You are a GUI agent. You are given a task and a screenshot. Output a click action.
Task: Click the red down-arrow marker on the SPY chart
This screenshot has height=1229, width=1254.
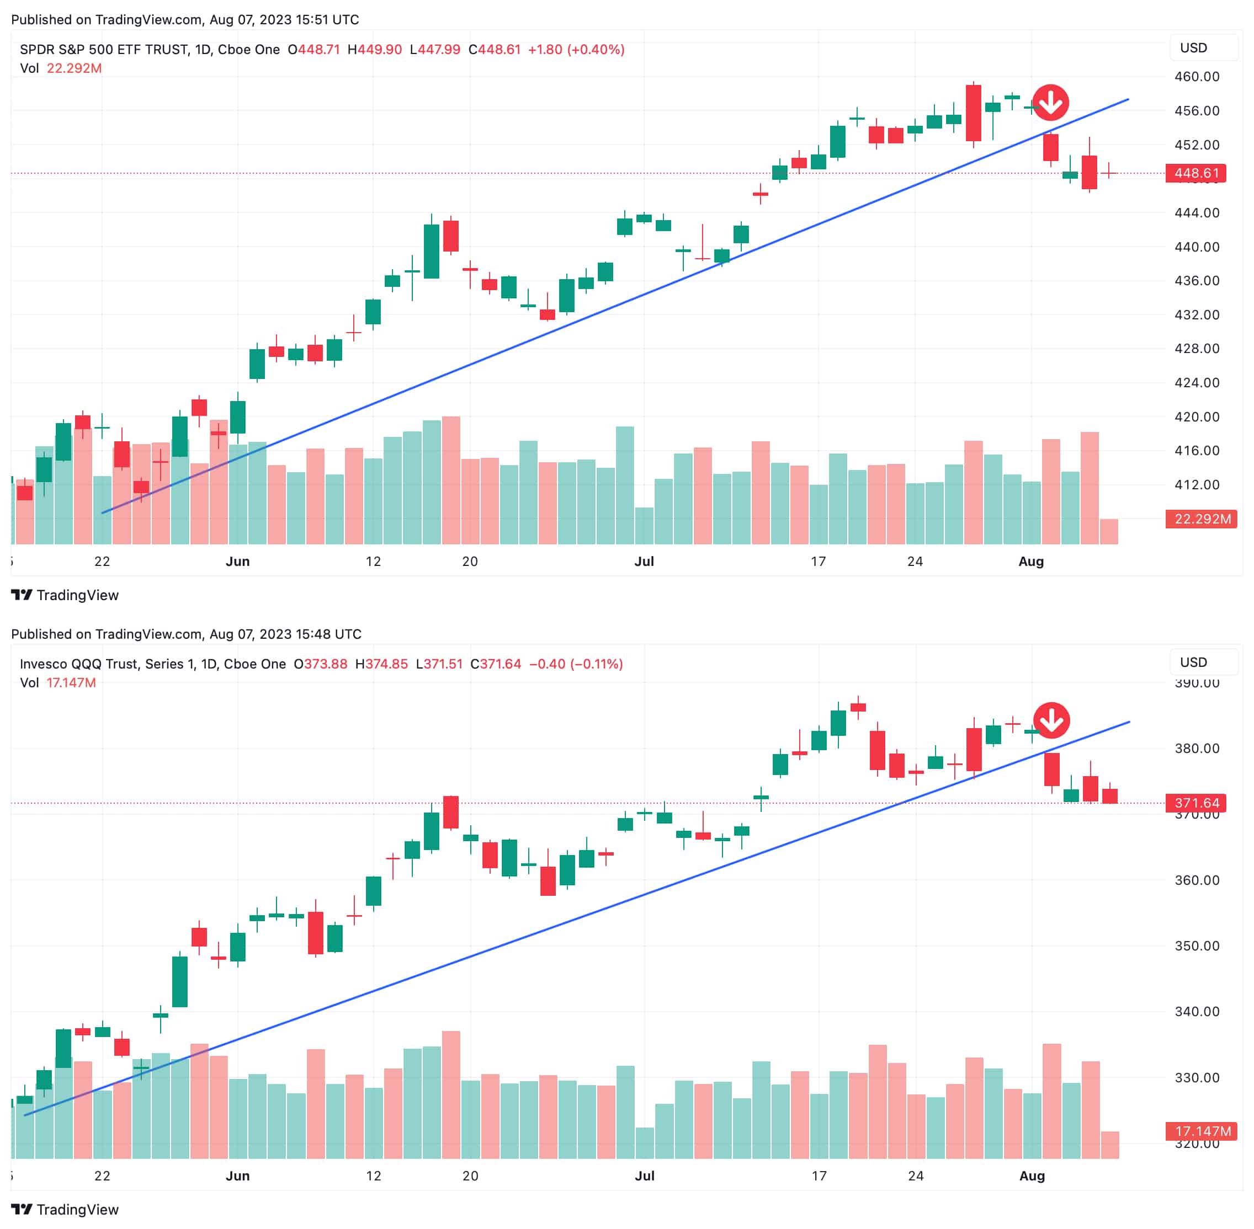(1050, 103)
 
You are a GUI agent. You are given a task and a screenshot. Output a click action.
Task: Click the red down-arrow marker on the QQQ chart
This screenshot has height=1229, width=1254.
(1051, 720)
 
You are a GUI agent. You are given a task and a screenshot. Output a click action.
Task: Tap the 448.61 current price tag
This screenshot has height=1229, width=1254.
(1196, 173)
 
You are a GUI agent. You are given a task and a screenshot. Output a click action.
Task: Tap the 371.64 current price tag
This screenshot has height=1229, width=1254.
(1196, 803)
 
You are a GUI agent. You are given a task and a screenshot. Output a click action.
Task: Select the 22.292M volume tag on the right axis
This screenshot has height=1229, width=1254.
(1201, 519)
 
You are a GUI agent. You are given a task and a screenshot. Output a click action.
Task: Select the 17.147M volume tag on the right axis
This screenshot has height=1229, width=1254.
(1201, 1131)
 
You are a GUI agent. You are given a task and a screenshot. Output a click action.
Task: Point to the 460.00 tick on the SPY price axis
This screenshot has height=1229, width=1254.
(1197, 77)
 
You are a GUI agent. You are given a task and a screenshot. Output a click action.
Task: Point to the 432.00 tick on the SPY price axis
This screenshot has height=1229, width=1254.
(1197, 315)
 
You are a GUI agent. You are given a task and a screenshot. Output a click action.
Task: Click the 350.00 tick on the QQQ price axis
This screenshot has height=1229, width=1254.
(1197, 945)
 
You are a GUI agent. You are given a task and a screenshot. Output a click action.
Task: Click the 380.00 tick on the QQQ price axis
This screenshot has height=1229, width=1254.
(1197, 749)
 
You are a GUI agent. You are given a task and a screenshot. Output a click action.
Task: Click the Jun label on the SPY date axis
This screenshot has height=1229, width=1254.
(238, 562)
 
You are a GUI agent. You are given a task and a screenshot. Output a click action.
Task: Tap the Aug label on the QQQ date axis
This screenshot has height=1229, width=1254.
(1032, 1176)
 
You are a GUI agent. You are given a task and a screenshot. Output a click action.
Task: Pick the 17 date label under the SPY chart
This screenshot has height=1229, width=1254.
(818, 562)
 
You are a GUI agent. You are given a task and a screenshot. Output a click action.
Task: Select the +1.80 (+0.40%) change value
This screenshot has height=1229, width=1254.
(576, 50)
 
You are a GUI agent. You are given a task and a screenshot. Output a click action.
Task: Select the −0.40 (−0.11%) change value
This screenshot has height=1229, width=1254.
(576, 664)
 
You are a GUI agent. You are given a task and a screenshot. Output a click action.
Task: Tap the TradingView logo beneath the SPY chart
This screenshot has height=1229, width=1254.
(65, 595)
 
